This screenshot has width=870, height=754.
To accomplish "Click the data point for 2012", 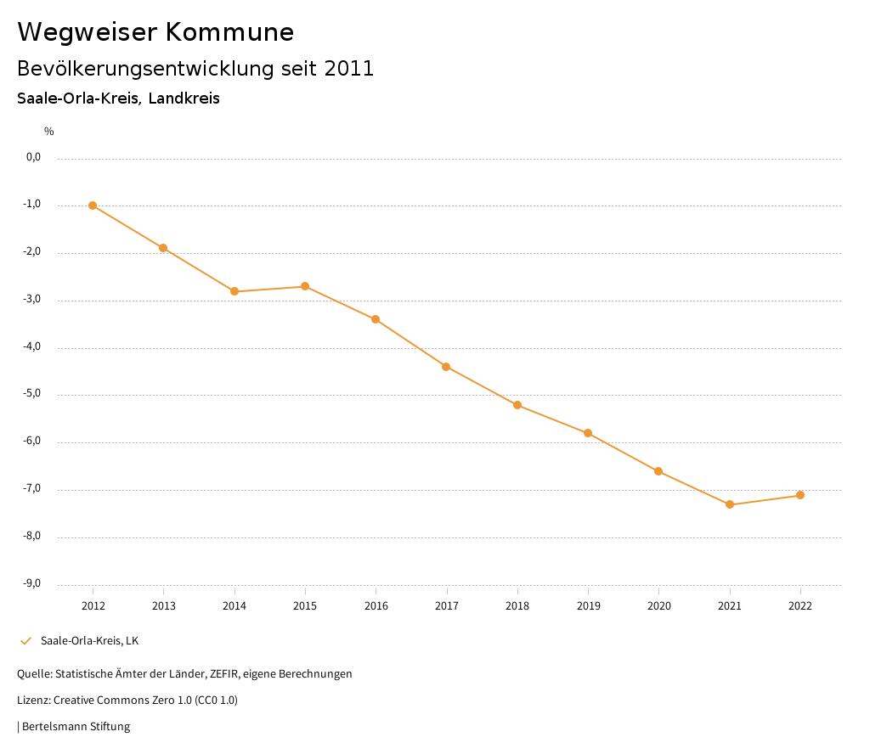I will [93, 205].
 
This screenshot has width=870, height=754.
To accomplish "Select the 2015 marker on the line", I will [305, 286].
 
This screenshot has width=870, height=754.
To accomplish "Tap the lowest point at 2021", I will [730, 504].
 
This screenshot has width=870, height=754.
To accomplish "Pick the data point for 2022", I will [800, 495].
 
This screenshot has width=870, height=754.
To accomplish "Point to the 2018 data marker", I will [517, 405].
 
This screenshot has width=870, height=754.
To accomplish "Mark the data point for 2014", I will [234, 291].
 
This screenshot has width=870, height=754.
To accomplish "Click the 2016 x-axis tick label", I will [376, 605].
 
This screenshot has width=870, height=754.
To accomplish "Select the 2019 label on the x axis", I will [588, 605].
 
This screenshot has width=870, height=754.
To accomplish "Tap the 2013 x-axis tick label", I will [164, 605].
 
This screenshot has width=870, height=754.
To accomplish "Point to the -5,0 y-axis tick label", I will [33, 394].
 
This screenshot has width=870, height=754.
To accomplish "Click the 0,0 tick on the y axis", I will [34, 157].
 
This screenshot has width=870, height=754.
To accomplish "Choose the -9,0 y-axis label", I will [33, 583].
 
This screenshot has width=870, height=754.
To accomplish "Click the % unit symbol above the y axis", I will [49, 132].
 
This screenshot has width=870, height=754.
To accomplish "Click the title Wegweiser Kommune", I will [155, 32].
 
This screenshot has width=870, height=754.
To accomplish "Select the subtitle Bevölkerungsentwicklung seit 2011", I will [195, 69].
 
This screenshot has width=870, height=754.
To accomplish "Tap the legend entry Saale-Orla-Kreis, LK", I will [89, 640].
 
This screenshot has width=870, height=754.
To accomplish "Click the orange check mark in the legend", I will [25, 640].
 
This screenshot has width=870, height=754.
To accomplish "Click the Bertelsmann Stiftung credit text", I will [76, 726].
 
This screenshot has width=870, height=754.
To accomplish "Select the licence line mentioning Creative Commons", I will [127, 700].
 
